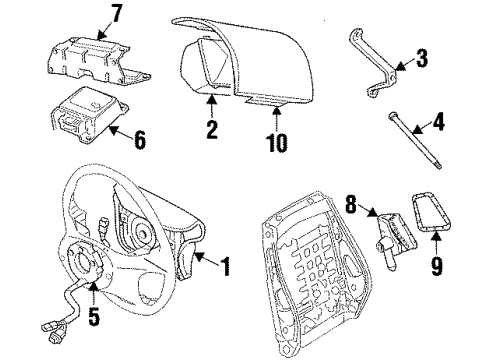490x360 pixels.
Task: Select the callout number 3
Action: [x=423, y=59]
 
